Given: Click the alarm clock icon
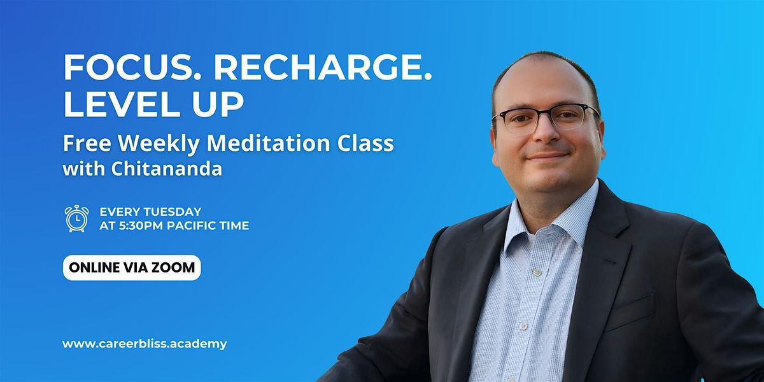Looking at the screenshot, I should [76, 218].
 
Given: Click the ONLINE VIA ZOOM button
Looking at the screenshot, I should [132, 267].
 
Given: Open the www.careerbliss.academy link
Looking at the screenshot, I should [145, 344].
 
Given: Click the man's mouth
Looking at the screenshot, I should [548, 155].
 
